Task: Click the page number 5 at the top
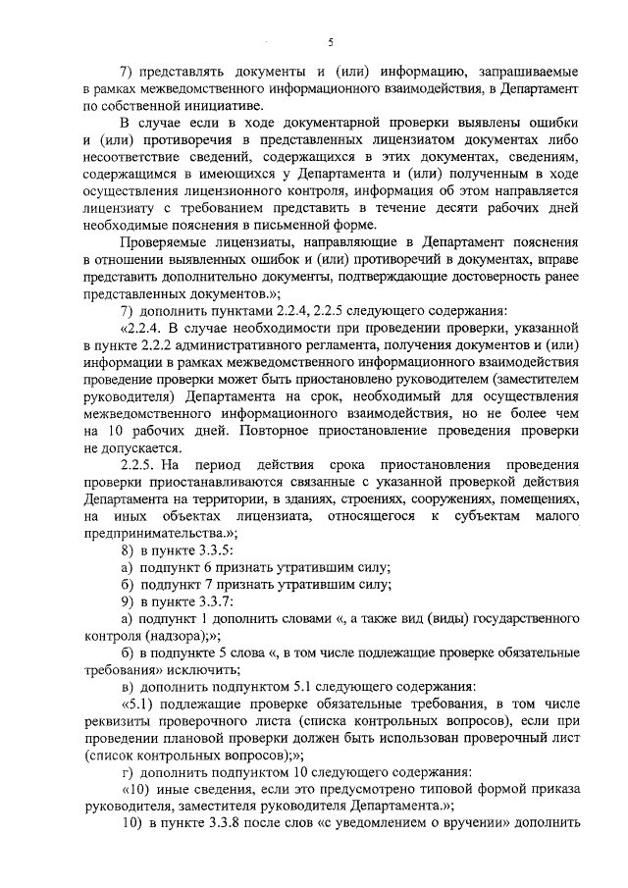coord(331,41)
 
